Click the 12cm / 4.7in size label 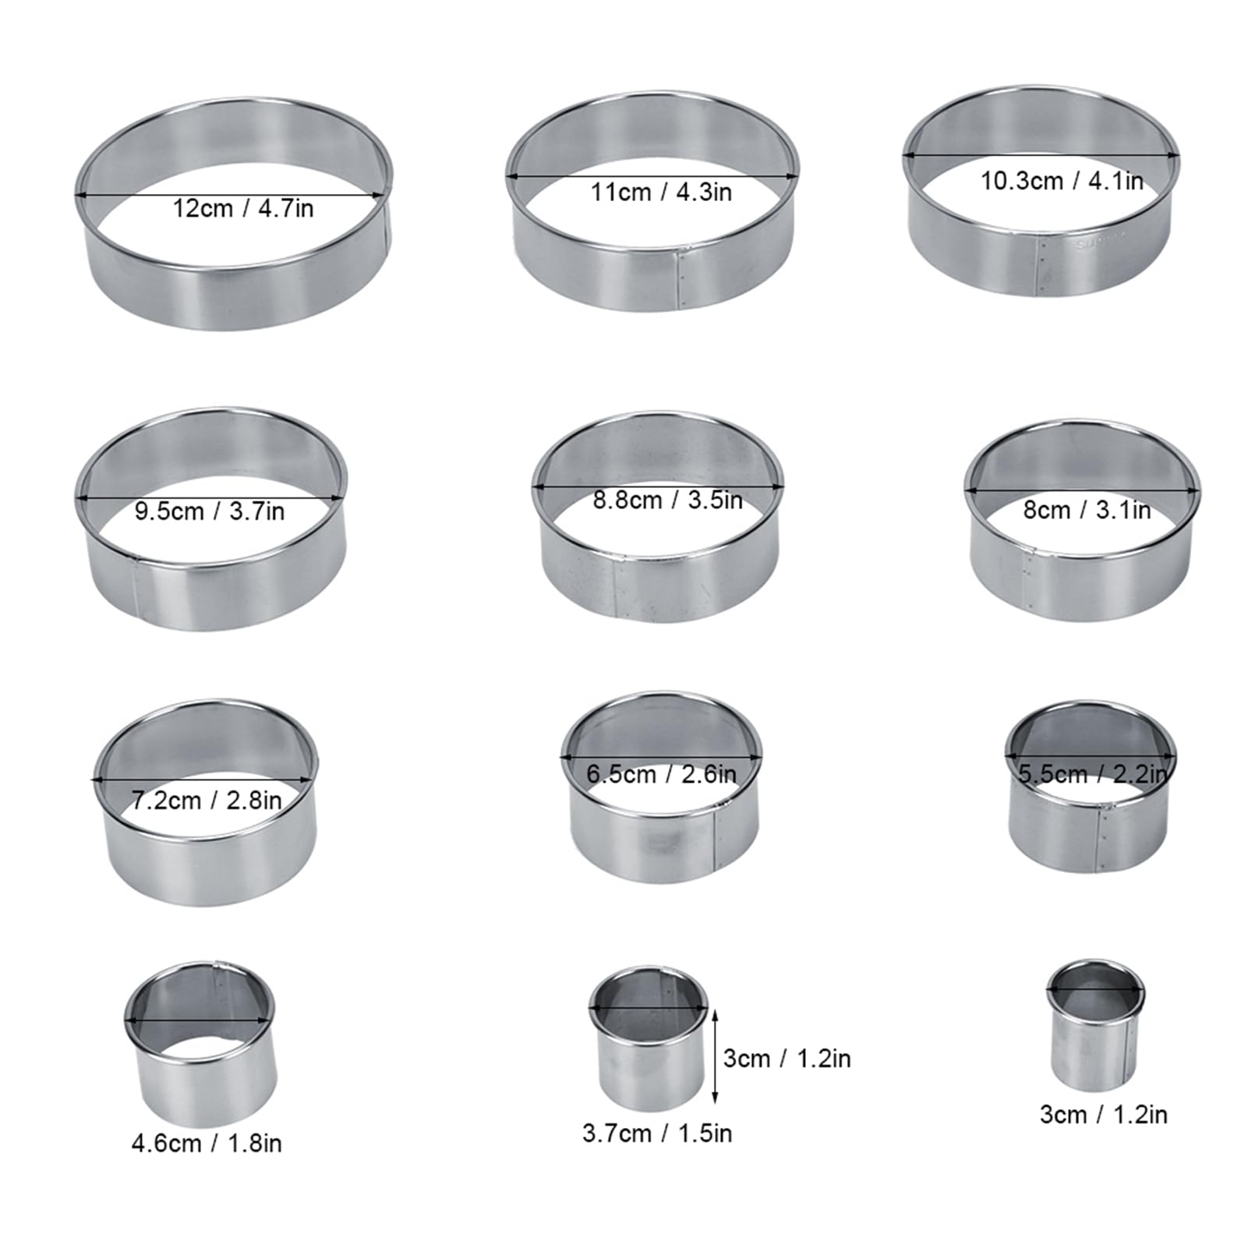242,209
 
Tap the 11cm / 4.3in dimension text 660,192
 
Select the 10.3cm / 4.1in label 1061,181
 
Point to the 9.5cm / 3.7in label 209,511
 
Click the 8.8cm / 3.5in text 667,500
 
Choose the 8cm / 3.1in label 1087,511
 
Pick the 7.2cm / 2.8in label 206,801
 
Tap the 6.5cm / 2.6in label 661,774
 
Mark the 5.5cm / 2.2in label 1094,774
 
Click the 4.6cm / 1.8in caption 207,1144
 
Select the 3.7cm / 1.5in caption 657,1133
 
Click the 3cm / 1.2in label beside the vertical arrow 787,1059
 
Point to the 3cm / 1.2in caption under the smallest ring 1103,1115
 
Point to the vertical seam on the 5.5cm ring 1102,838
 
